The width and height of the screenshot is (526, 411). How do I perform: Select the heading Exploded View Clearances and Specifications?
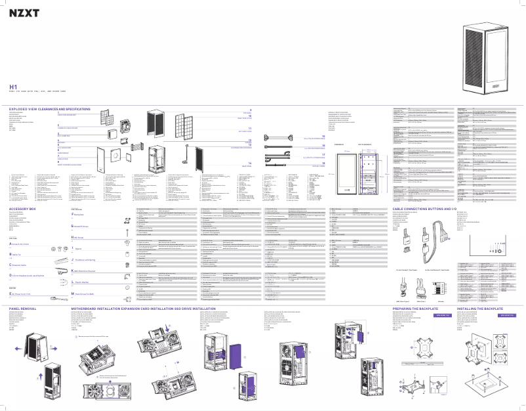[49, 108]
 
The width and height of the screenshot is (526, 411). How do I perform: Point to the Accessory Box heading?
[22, 190]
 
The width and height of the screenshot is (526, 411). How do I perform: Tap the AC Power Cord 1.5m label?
[26, 277]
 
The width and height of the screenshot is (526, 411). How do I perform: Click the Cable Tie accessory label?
[18, 235]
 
